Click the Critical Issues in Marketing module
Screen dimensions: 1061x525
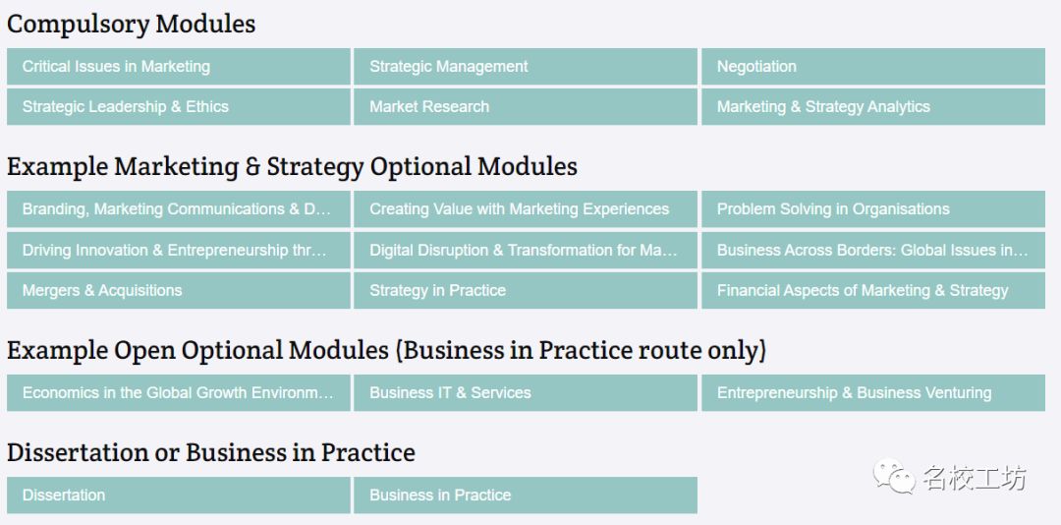pos(179,67)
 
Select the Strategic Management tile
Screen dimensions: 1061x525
pos(525,67)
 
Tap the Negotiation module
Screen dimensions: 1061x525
pos(873,67)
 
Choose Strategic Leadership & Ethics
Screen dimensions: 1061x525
pos(179,106)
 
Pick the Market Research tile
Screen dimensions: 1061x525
pos(525,106)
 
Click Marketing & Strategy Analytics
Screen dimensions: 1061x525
pos(873,106)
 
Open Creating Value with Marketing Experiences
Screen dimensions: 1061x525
pos(525,209)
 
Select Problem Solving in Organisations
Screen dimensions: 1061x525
pos(873,209)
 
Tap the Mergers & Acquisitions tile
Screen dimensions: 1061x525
pos(179,291)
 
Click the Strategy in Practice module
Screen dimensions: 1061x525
pos(525,291)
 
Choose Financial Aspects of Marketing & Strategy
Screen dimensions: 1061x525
pos(873,291)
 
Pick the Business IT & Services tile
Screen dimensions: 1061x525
pos(525,393)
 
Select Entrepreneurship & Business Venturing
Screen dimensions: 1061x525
pos(873,393)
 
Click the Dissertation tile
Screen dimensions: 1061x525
pos(179,496)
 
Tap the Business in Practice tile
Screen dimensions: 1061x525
pos(525,496)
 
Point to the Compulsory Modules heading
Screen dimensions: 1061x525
pos(132,25)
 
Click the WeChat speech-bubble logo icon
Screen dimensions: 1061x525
pos(893,476)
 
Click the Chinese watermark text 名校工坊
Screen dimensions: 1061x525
pos(975,478)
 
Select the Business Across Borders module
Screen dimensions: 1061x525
pos(873,250)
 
